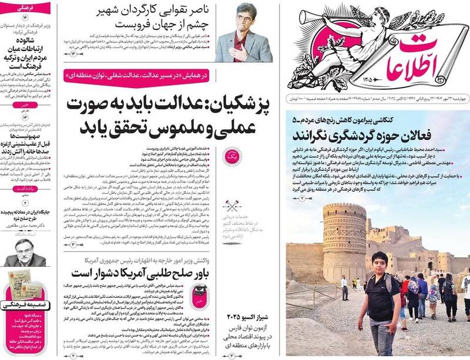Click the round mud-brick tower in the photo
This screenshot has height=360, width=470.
tap(344, 237)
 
